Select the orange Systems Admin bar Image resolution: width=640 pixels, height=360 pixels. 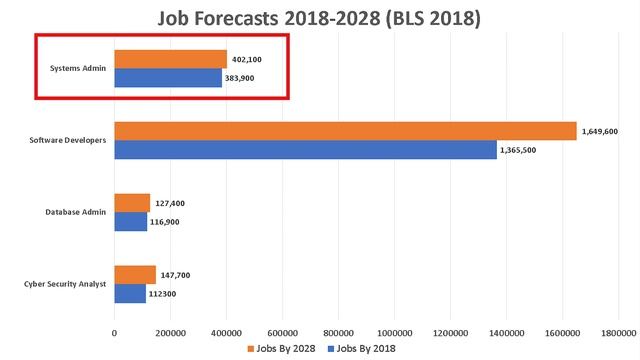pos(170,59)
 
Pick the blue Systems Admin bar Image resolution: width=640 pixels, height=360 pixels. pos(167,78)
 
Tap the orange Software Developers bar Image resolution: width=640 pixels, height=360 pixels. pos(345,131)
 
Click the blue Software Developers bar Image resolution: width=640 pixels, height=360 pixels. pos(305,150)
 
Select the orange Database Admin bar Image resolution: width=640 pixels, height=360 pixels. pos(132,203)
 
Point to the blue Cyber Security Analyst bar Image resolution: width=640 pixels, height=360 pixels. pos(130,294)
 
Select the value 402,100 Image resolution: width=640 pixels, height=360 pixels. pos(246,59)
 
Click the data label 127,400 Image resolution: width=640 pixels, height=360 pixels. pos(170,203)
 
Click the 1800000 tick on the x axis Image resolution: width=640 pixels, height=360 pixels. pos(618,332)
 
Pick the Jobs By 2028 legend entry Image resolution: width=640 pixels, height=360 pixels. pos(282,349)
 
